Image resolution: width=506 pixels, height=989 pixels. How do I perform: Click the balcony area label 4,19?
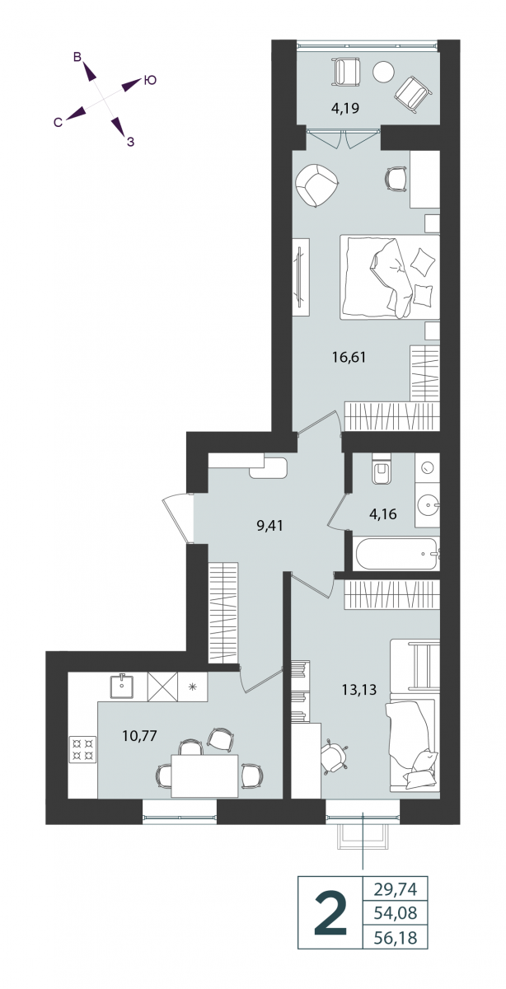click(x=344, y=108)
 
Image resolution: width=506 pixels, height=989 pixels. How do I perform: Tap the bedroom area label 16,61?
click(x=349, y=357)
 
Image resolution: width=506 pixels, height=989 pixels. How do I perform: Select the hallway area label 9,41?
click(x=269, y=526)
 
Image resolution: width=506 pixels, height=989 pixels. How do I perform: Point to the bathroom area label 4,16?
click(x=383, y=514)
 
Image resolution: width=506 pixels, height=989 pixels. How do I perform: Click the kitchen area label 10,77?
click(x=140, y=736)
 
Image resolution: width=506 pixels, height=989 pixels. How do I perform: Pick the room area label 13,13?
click(x=359, y=689)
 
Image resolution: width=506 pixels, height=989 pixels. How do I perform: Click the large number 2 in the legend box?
click(x=330, y=912)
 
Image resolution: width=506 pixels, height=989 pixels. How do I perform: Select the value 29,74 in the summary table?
click(x=396, y=888)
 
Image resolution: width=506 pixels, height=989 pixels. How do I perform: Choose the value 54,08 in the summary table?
click(x=396, y=912)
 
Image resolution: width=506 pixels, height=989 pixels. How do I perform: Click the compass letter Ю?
click(x=151, y=81)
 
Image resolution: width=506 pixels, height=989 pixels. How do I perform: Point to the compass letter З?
click(x=130, y=142)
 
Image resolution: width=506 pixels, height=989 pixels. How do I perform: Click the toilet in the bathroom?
click(x=381, y=469)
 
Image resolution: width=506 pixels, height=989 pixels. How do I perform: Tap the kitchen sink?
click(x=122, y=686)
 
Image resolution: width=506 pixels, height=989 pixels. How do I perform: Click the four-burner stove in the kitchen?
click(x=82, y=749)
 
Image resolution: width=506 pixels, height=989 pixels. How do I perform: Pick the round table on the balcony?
click(x=382, y=71)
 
